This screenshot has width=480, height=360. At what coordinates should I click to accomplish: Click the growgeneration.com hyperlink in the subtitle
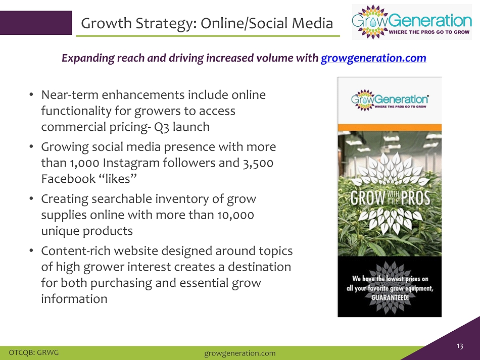(x=373, y=58)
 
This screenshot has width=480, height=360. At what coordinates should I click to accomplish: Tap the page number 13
(x=459, y=346)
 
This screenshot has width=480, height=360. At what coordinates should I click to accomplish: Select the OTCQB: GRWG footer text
(x=34, y=352)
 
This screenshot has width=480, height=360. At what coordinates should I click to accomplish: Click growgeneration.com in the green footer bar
(x=239, y=353)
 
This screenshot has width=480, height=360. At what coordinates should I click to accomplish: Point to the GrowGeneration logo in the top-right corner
(x=412, y=22)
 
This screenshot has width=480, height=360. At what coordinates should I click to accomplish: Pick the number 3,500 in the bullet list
(x=258, y=163)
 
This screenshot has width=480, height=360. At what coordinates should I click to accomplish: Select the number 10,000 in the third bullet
(x=235, y=215)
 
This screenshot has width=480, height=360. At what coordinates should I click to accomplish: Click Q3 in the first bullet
(x=161, y=127)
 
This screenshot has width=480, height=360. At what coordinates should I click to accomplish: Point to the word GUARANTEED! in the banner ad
(x=390, y=297)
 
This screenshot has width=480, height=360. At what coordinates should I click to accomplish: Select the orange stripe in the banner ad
(x=390, y=128)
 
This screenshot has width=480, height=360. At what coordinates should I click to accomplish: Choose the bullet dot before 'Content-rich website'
(x=31, y=251)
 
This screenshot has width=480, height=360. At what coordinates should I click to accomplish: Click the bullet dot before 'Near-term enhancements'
(x=31, y=95)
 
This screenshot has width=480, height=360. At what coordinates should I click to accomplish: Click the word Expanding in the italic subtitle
(x=88, y=58)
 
